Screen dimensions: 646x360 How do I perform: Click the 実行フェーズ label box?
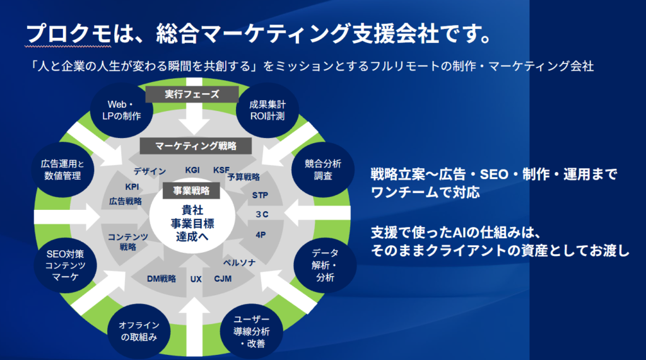(192, 95)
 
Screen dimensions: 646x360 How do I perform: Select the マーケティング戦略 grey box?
(196, 146)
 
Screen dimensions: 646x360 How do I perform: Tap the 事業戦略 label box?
(191, 190)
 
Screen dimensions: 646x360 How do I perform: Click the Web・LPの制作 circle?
(122, 110)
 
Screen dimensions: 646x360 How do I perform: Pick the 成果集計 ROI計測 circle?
(267, 110)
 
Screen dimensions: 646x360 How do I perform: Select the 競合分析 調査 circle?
(323, 170)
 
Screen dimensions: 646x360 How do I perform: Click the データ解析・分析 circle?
(325, 265)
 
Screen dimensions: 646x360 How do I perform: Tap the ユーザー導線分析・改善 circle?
(252, 331)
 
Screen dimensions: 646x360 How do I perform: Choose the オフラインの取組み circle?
(139, 331)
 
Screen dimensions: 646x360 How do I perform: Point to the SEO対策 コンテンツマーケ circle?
(66, 265)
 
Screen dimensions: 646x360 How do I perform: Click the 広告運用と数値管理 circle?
(62, 170)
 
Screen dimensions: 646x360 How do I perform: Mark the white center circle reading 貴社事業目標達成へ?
(192, 217)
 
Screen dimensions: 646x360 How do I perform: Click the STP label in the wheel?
(260, 195)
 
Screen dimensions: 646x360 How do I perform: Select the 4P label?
(261, 235)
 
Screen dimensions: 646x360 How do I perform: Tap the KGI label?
(192, 170)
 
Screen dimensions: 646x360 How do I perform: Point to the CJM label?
(223, 279)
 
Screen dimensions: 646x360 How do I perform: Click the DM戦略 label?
(161, 279)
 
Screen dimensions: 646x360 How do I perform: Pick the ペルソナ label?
(239, 262)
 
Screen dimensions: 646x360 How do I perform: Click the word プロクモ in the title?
(68, 33)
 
